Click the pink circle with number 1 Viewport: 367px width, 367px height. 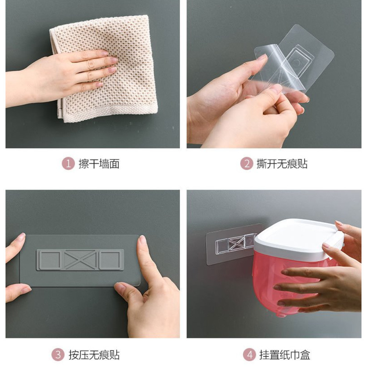coord(68,163)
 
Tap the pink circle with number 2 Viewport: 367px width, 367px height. coord(247,163)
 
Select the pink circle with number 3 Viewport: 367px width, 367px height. coord(58,355)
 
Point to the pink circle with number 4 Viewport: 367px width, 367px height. coord(250,355)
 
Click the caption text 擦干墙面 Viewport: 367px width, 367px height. coord(99,164)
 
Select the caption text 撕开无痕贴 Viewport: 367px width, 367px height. coord(282,164)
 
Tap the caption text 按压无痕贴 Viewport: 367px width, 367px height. coord(94,355)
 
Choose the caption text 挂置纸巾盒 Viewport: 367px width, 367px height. coord(285,355)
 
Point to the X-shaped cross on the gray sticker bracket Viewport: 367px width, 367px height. coord(80,259)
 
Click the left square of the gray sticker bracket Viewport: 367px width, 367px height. coord(50,260)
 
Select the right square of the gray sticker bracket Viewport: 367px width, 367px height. coord(111,260)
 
